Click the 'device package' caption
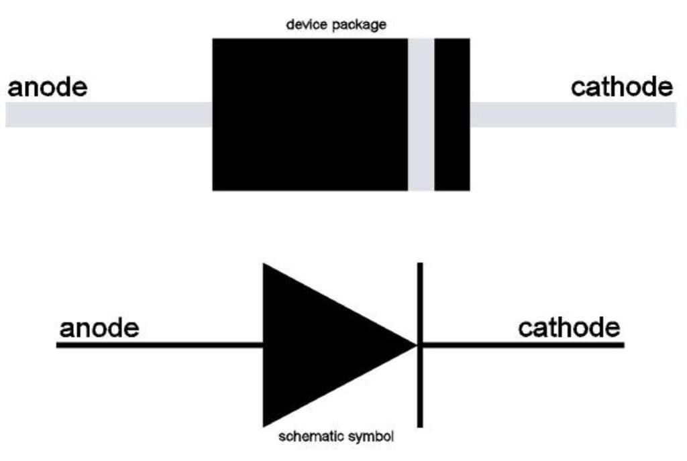(x=336, y=25)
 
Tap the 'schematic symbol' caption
(x=336, y=437)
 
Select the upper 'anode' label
(x=47, y=87)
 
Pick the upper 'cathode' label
(x=622, y=87)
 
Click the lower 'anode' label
(x=99, y=328)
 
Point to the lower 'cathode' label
(x=569, y=328)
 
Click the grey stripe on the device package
(x=421, y=114)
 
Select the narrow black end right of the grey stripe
(x=452, y=114)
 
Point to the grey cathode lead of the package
(x=573, y=115)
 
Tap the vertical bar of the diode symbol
(x=420, y=302)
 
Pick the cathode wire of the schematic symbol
(x=523, y=345)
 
